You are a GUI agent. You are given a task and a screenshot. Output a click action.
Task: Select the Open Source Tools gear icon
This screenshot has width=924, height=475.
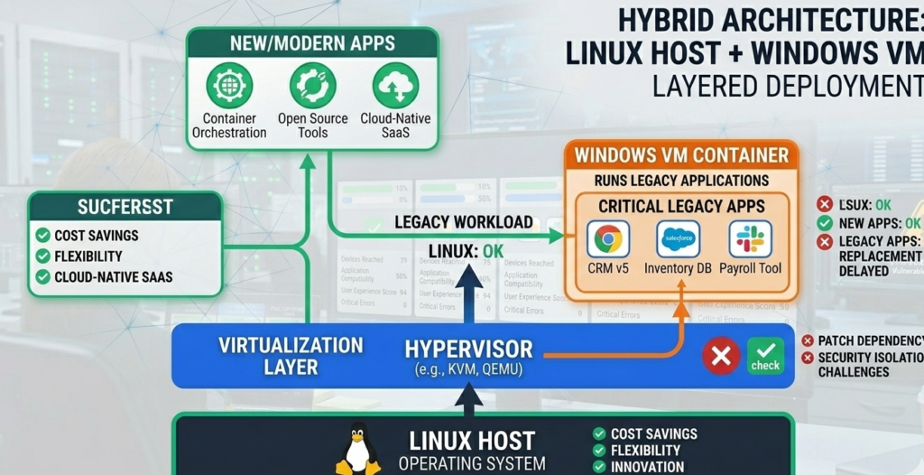312,87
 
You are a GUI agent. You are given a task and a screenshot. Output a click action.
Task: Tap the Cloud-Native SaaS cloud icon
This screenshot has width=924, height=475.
395,87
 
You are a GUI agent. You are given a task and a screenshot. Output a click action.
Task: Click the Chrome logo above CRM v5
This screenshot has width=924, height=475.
608,239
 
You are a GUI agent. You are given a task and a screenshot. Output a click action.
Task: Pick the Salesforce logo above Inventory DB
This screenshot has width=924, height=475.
679,239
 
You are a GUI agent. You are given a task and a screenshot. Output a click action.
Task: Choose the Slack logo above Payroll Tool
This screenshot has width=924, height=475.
750,239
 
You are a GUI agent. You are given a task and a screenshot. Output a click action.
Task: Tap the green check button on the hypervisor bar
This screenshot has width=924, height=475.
765,356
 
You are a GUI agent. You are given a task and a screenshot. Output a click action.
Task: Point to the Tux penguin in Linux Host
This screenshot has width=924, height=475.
358,449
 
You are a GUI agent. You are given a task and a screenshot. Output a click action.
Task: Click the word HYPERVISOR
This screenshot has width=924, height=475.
468,349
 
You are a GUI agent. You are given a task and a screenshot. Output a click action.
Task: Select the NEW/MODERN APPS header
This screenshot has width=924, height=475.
312,42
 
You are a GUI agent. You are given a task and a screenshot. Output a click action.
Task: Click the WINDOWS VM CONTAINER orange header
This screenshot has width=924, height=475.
681,154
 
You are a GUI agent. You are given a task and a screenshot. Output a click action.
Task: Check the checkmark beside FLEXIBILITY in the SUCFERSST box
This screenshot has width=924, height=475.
42,256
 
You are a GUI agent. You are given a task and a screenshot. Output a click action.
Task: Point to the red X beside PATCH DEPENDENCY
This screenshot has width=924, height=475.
807,340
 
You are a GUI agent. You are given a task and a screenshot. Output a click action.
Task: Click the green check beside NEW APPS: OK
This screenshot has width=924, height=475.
824,223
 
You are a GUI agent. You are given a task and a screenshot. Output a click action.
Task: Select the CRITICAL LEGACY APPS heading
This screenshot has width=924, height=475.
681,205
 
